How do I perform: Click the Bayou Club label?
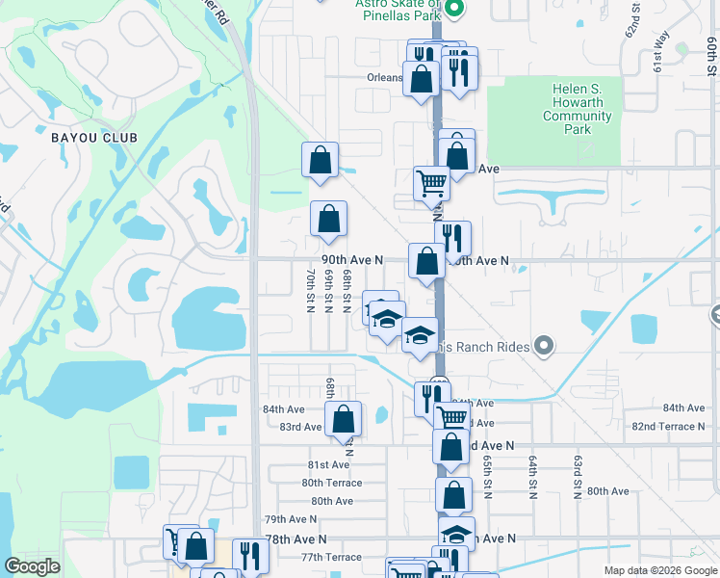coord(94,138)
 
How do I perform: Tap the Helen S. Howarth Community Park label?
coord(578,109)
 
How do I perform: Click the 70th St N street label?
coord(310,290)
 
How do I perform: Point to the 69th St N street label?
coord(328,290)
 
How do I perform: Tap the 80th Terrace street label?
coord(331,483)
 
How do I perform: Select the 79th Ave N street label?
coord(290,519)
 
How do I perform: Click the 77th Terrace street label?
coord(331,557)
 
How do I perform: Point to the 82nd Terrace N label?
coord(669,426)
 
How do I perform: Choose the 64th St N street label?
coord(531,478)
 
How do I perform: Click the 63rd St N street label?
coord(579,478)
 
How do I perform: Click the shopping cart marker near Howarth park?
coord(431,181)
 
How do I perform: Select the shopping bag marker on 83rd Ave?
coord(343,419)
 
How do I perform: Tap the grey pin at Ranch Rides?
coord(544,344)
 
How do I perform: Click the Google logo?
coord(32,566)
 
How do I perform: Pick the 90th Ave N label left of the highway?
coord(352,260)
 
